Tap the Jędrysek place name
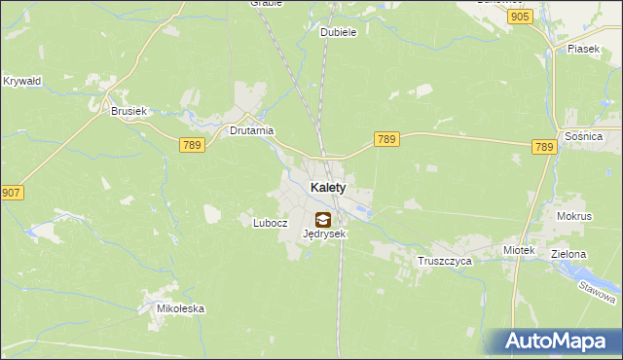(324, 234)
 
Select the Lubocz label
(271, 222)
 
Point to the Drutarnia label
(251, 130)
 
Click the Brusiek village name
(128, 112)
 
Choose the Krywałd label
(21, 81)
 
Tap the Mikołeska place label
(181, 309)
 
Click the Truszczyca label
(444, 262)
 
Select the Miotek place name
(519, 250)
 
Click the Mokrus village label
(574, 216)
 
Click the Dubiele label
(339, 32)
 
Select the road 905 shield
(520, 18)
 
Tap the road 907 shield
(12, 193)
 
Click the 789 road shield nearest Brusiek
(191, 144)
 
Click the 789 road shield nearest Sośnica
(544, 147)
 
